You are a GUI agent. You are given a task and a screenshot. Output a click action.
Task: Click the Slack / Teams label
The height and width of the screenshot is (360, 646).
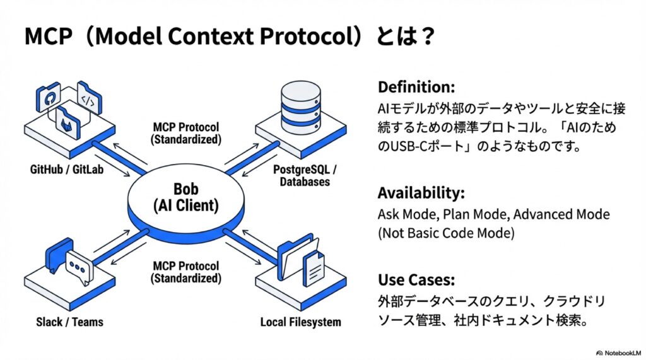tap(69, 322)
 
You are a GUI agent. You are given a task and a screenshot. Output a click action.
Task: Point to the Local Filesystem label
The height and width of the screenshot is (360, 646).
tap(301, 322)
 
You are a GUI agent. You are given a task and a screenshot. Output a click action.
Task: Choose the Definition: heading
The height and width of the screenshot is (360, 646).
tap(416, 86)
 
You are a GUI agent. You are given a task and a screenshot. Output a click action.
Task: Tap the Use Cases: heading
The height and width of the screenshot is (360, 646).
tap(416, 279)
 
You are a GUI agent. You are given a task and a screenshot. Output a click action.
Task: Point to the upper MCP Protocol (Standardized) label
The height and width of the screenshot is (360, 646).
tap(187, 133)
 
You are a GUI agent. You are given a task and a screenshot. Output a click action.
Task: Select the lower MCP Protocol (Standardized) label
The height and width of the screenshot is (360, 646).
tap(187, 272)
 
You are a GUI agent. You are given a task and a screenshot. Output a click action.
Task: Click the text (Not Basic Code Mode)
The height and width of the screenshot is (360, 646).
tap(447, 233)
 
